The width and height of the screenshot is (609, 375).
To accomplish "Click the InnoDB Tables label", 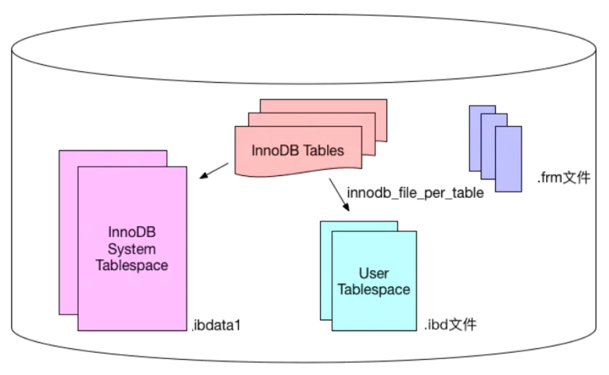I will coord(298,151).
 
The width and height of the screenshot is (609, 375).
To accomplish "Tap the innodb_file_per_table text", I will coord(415,193).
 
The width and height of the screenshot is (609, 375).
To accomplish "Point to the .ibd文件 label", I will coord(450,325).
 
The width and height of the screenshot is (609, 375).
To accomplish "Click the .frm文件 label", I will coord(563,177).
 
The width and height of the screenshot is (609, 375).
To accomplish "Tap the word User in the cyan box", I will coord(373,274).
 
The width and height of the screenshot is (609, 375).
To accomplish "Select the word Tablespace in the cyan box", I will coord(373,290).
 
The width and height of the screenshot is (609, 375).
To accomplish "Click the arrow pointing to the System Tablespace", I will coord(214,170).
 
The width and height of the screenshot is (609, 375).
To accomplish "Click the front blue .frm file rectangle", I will coord(508,159).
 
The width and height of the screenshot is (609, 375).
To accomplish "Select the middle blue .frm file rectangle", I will coord(487,121).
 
